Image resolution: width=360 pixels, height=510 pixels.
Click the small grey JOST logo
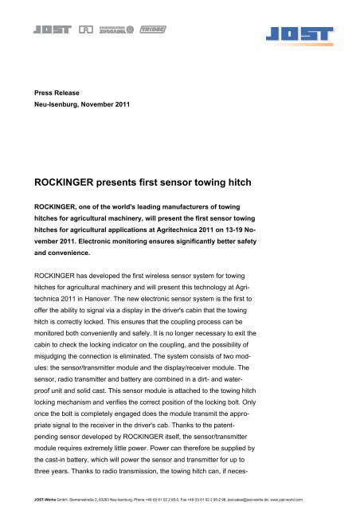click(49, 31)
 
